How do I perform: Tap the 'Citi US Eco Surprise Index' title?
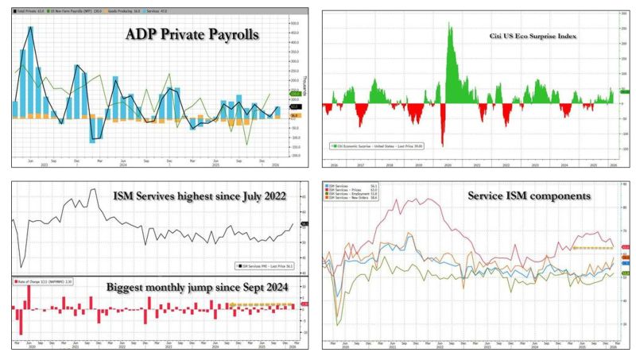pos(533,37)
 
